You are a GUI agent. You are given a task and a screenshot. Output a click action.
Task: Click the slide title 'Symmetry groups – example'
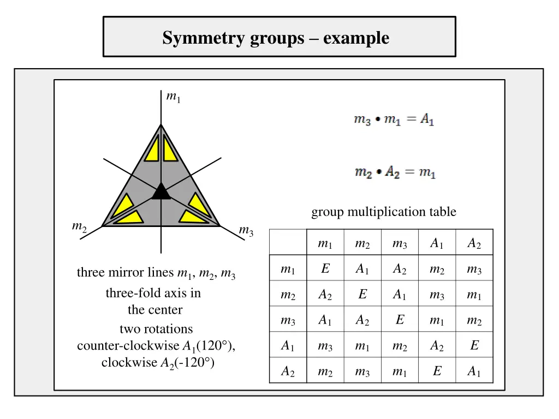click(276, 38)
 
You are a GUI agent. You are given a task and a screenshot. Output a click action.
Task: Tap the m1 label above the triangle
click(173, 97)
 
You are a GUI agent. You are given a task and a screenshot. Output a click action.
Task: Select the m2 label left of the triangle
click(80, 226)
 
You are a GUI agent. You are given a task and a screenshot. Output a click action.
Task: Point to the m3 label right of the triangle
click(246, 231)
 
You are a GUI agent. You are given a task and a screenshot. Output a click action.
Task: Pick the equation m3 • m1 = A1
click(394, 119)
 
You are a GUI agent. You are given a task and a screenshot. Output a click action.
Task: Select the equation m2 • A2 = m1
click(395, 172)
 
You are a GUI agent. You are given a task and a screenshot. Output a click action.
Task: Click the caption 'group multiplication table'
click(383, 212)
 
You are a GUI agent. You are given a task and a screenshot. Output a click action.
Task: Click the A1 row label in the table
click(288, 345)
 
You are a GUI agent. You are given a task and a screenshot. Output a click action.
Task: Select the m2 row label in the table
click(288, 295)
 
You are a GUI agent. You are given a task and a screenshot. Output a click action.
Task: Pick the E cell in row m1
click(325, 269)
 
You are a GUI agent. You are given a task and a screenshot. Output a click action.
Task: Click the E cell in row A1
click(474, 345)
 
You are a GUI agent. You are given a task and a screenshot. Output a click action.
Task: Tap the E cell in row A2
click(437, 371)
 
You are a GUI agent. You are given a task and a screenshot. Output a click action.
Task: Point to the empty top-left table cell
click(288, 243)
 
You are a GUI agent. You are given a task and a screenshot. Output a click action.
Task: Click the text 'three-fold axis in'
click(153, 293)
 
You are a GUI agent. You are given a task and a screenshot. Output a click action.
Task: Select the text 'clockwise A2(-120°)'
click(158, 362)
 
